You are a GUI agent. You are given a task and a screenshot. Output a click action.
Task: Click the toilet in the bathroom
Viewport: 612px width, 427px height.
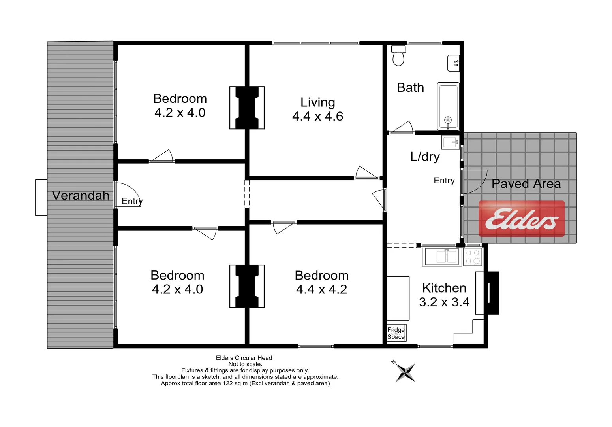point(398,57)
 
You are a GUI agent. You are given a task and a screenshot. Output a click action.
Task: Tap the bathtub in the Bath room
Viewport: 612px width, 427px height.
point(448,106)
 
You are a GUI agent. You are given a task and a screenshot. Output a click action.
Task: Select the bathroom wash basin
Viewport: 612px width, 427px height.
point(453,63)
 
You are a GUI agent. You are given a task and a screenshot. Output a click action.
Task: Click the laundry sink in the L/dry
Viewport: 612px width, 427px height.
point(450,142)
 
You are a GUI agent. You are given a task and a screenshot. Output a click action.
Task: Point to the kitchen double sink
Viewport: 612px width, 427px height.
point(442,256)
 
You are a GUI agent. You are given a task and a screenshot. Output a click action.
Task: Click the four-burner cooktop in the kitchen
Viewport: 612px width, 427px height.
point(473,257)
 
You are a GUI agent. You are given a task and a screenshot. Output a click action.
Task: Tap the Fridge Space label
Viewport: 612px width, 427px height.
point(396,333)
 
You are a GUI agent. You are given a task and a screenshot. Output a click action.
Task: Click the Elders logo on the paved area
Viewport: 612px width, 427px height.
point(522,219)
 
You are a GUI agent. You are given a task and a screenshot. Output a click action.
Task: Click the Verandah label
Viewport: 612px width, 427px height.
point(81,195)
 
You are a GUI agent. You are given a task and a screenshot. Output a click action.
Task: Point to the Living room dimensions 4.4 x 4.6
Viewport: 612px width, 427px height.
point(317,116)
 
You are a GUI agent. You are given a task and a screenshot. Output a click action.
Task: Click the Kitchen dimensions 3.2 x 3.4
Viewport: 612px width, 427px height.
point(444,302)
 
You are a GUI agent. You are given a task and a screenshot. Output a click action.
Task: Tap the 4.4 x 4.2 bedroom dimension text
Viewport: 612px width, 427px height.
point(321,289)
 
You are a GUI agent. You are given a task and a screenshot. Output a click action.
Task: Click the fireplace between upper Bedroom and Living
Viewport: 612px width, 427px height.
point(247,108)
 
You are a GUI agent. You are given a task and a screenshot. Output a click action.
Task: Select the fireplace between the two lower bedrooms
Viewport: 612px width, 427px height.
point(247,286)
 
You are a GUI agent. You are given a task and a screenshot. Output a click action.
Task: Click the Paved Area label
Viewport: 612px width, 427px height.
point(526,184)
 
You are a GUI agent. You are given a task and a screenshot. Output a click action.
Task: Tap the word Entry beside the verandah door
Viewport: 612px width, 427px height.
point(132,201)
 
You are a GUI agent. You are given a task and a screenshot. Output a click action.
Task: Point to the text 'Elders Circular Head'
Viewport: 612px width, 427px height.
point(244,358)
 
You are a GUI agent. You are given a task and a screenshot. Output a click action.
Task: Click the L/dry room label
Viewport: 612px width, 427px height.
point(425,157)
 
